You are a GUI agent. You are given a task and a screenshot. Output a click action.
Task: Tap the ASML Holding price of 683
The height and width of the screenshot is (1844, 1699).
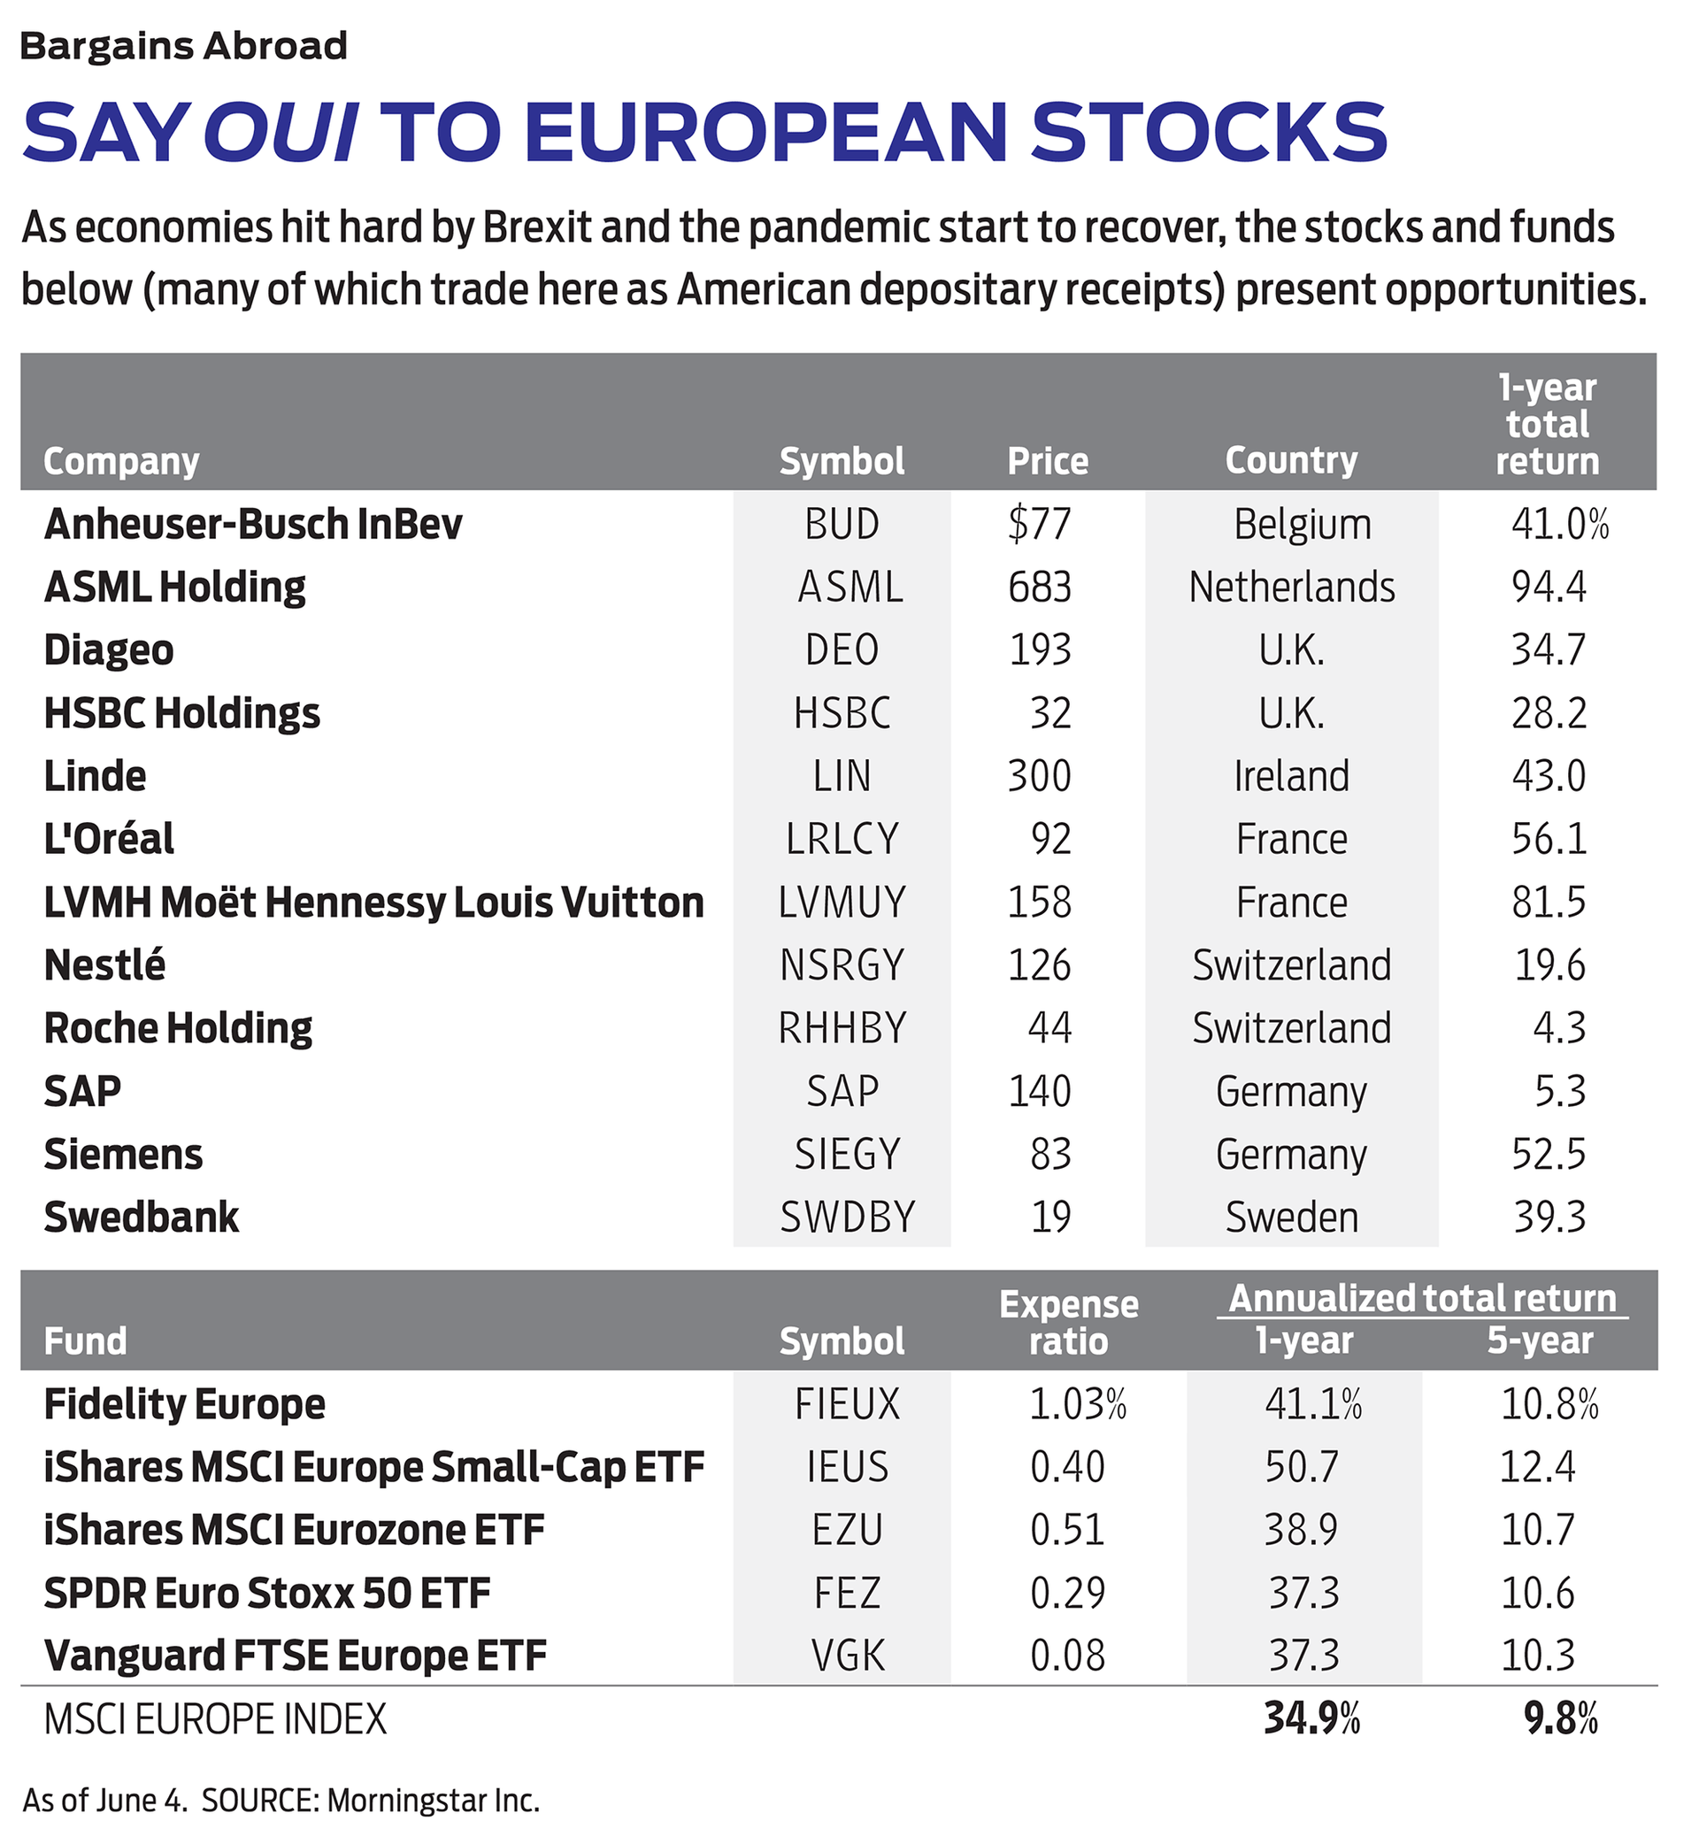tap(1040, 587)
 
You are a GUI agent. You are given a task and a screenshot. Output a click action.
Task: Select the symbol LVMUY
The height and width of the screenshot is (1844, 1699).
tap(842, 902)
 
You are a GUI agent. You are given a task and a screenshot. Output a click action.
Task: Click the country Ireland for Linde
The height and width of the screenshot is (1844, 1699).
tap(1291, 776)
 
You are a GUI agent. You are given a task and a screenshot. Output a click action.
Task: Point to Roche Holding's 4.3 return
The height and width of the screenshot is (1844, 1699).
tap(1559, 1027)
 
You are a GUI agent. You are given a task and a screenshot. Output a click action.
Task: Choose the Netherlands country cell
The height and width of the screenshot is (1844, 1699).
tap(1291, 587)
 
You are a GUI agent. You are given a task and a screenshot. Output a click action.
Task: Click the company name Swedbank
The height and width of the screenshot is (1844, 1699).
tap(142, 1217)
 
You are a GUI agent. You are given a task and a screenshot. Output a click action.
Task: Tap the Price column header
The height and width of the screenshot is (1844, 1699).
tap(1047, 460)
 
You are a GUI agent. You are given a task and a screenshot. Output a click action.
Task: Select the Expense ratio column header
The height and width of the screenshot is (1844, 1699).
tap(1068, 1323)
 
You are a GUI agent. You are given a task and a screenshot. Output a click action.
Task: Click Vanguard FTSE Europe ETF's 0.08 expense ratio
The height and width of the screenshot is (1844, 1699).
tap(1067, 1656)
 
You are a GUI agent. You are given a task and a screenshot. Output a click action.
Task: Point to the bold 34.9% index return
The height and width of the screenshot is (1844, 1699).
tap(1311, 1718)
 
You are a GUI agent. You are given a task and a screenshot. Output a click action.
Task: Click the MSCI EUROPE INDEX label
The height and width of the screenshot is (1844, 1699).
tap(215, 1719)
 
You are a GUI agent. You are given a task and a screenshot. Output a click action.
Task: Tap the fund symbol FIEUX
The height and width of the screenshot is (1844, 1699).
tap(847, 1403)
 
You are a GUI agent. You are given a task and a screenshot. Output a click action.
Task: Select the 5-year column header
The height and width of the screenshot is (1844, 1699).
tap(1540, 1341)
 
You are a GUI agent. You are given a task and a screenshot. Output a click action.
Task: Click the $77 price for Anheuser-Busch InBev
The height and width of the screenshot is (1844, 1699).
tap(1040, 524)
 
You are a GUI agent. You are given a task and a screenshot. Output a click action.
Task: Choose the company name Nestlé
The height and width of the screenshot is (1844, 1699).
tap(104, 965)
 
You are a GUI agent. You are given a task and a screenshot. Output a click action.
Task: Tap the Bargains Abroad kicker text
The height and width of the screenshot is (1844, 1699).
tap(184, 46)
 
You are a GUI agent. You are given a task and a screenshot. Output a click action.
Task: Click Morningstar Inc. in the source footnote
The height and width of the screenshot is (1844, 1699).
tap(433, 1800)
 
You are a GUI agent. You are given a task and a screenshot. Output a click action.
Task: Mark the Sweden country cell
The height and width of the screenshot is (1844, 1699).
tap(1291, 1217)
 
